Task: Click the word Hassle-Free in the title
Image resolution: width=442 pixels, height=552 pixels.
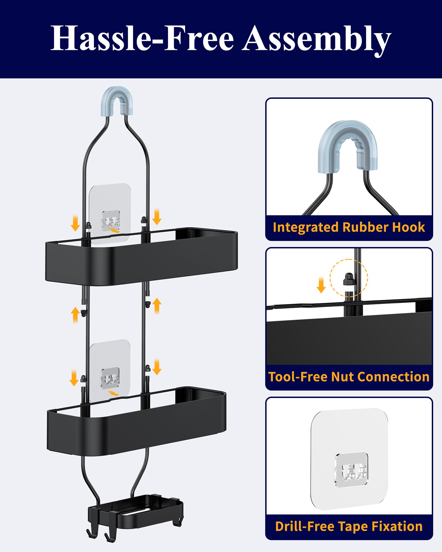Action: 142,38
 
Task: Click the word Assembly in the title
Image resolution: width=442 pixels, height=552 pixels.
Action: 317,40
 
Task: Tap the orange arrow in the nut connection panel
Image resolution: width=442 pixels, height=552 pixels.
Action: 321,285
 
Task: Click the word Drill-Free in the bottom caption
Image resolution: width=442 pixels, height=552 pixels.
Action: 305,526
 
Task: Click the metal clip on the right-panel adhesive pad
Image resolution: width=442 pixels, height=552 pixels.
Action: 351,470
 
